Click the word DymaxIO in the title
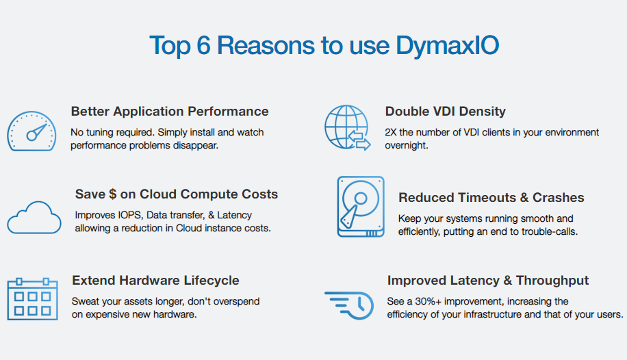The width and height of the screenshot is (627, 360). point(448,46)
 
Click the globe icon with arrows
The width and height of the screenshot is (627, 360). point(347,127)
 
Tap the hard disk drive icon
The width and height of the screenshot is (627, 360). point(361,207)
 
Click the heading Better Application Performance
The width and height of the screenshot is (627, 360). point(170,112)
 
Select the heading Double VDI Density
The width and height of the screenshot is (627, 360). point(446,112)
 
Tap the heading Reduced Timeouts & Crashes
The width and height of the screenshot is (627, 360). point(491,198)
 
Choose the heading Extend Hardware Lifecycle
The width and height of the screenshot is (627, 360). point(155,281)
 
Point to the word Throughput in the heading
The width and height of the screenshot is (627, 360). point(552,281)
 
